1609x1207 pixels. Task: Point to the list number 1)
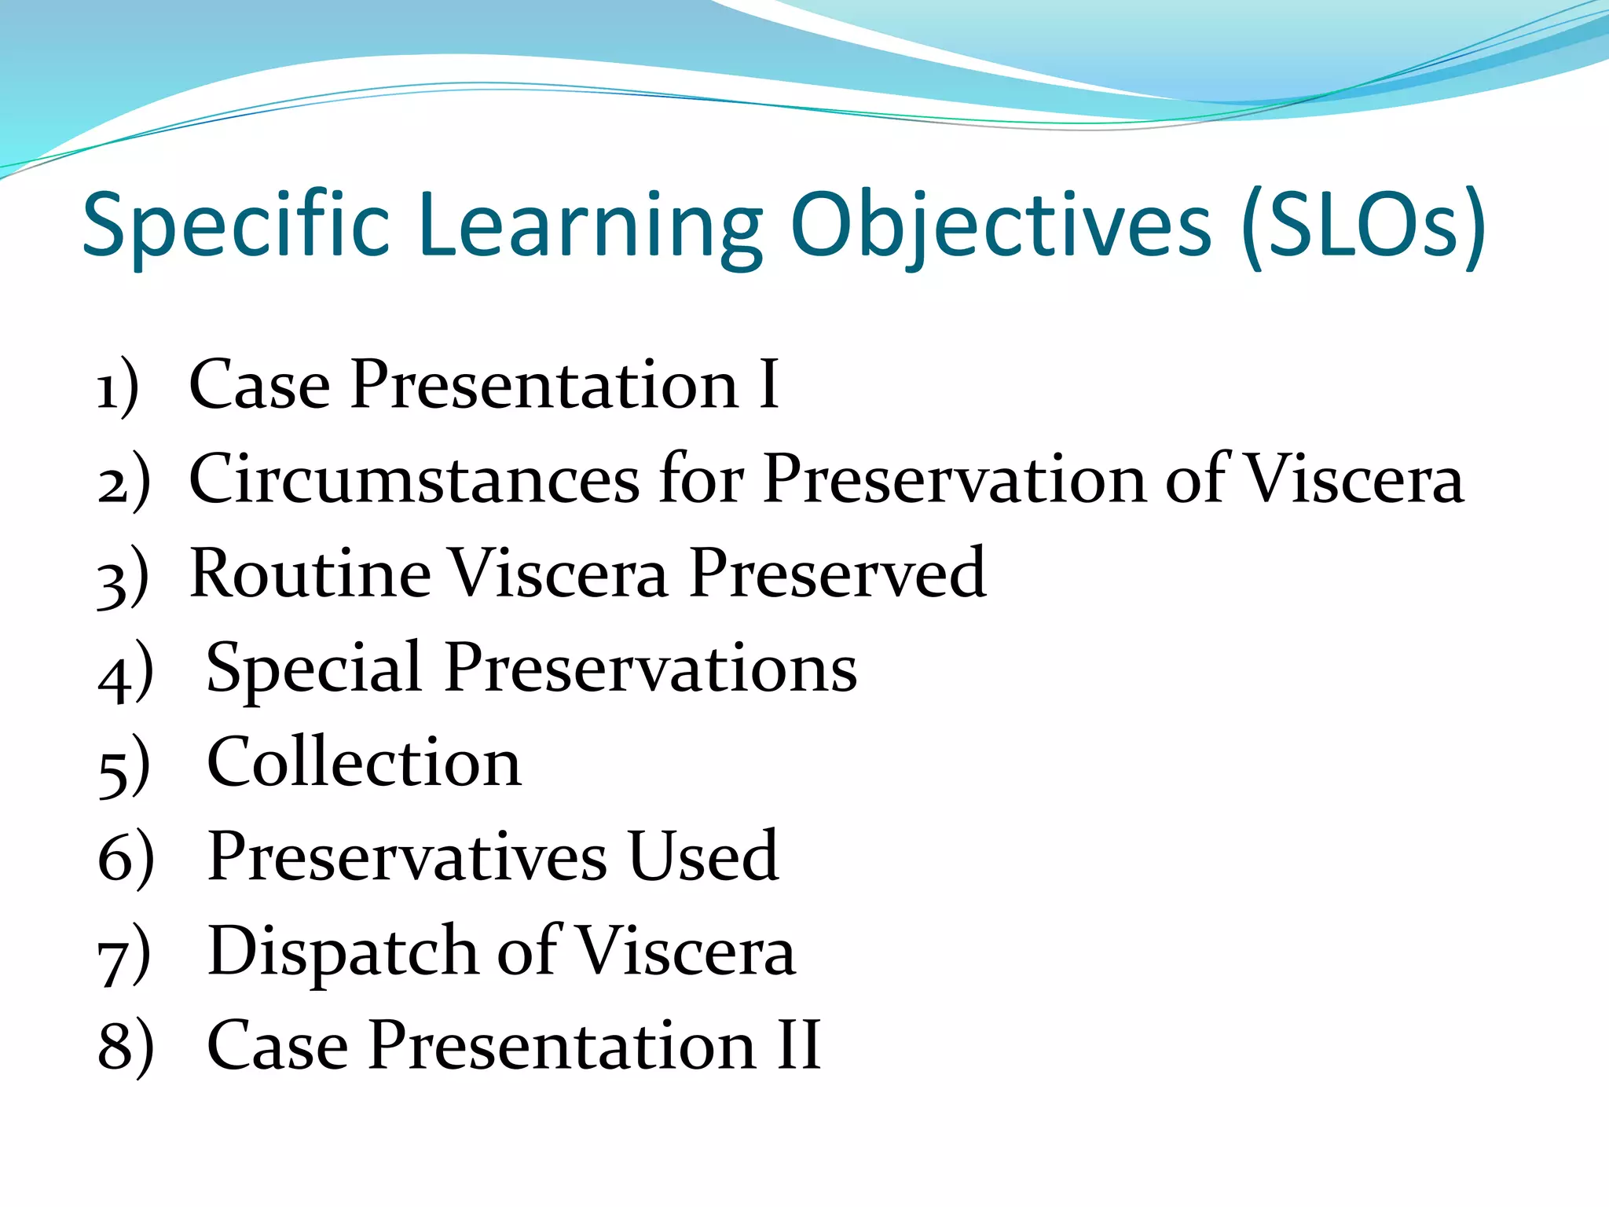(118, 387)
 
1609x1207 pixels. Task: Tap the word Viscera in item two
(1355, 479)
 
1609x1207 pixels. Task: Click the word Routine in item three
(310, 573)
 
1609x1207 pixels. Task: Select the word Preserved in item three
(837, 573)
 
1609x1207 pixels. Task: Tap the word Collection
(364, 761)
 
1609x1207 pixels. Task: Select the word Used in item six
(702, 856)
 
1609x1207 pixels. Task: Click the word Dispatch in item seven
(342, 952)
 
